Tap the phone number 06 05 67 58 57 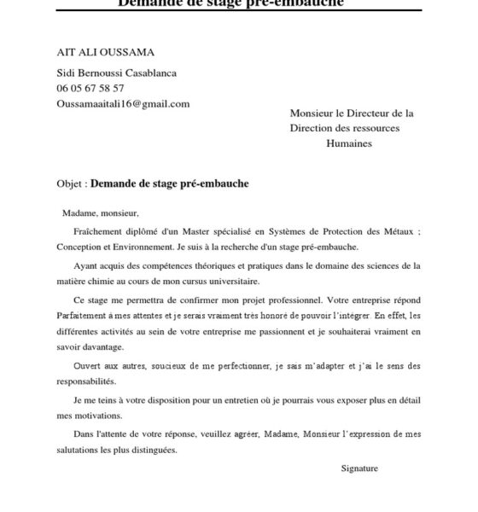90,88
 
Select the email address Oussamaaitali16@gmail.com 123,103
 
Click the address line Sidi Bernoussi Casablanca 116,73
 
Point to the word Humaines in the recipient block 349,143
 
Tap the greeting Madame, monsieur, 100,213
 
